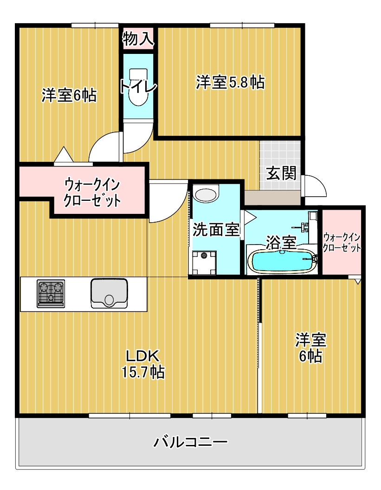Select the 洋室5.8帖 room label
click(x=230, y=82)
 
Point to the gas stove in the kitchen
click(x=51, y=294)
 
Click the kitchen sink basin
click(x=109, y=293)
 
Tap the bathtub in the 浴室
click(x=283, y=262)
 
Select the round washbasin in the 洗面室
click(x=206, y=194)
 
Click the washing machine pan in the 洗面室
click(x=203, y=262)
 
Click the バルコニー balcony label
click(x=191, y=441)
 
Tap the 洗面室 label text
click(x=216, y=229)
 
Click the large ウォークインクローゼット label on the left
click(x=92, y=192)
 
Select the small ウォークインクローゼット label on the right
click(x=342, y=242)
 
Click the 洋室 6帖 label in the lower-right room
click(x=311, y=347)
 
